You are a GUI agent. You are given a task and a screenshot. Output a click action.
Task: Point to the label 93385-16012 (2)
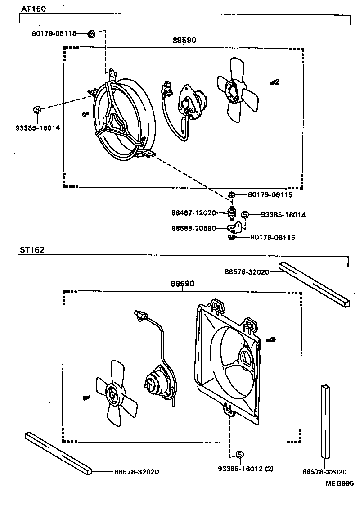tap(245, 469)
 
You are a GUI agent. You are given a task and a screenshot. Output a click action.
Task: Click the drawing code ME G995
tap(340, 484)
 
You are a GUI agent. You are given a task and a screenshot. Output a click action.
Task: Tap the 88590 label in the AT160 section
tap(184, 40)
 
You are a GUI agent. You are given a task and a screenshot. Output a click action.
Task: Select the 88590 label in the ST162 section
tap(182, 284)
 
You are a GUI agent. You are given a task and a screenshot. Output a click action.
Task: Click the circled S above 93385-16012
tap(239, 454)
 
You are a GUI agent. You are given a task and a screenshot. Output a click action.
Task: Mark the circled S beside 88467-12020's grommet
tap(245, 215)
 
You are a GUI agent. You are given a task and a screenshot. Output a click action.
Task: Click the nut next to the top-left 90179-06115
tap(90, 33)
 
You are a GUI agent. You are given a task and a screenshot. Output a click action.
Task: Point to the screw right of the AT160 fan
tap(275, 82)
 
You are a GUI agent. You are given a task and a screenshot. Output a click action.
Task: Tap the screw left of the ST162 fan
tap(87, 398)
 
